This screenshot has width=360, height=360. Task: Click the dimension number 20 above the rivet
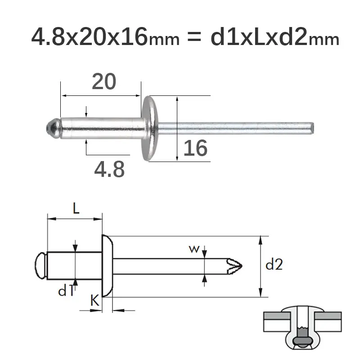pyautogui.click(x=104, y=81)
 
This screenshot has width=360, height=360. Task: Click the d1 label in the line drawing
pyautogui.click(x=66, y=291)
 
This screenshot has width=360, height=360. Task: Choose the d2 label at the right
pyautogui.click(x=274, y=265)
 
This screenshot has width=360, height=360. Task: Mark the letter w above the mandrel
pyautogui.click(x=194, y=249)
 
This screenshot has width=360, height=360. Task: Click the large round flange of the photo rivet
pyautogui.click(x=149, y=128)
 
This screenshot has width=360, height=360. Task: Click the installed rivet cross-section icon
pyautogui.click(x=302, y=329)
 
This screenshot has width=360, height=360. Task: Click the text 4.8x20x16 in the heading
pyautogui.click(x=89, y=37)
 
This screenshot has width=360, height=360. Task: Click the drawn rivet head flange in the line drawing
pyautogui.click(x=107, y=266)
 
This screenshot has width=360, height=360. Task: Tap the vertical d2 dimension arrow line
pyautogui.click(x=260, y=266)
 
